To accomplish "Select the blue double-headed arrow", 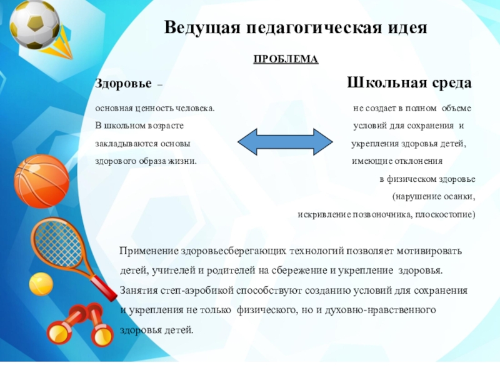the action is click(285, 142).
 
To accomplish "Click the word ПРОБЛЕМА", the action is click(286, 59).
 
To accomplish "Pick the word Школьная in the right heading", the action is click(386, 84).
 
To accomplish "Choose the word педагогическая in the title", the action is click(311, 29).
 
